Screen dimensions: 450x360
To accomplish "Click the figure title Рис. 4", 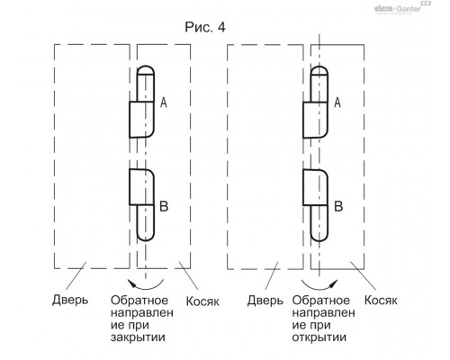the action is [205, 27].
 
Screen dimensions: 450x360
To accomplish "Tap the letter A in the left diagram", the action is [164, 103].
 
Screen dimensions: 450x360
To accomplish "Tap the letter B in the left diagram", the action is [164, 206].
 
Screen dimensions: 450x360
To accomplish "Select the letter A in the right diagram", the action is [337, 103].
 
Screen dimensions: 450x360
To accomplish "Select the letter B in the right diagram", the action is [338, 206].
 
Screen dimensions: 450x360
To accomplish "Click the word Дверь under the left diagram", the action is [70, 300].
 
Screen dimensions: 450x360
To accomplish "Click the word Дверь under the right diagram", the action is [265, 300].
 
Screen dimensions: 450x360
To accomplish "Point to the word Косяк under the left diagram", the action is [202, 301].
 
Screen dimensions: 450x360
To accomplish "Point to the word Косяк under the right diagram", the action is [381, 300].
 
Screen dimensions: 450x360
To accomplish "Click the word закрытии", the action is [138, 337].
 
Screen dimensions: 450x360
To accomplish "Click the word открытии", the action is [319, 337].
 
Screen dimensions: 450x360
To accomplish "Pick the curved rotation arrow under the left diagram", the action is [146, 287].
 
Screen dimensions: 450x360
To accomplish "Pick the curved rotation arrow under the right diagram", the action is [319, 287].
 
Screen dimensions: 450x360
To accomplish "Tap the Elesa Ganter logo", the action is [402, 7].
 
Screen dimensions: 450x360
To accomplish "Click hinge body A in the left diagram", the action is [141, 120].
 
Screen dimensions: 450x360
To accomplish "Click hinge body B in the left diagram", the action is [141, 187].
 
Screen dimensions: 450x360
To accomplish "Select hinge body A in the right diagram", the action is [315, 120].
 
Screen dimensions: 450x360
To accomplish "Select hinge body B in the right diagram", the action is [315, 187].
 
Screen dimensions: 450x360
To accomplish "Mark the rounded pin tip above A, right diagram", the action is [319, 70].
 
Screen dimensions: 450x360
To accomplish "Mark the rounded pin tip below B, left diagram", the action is [146, 237].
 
